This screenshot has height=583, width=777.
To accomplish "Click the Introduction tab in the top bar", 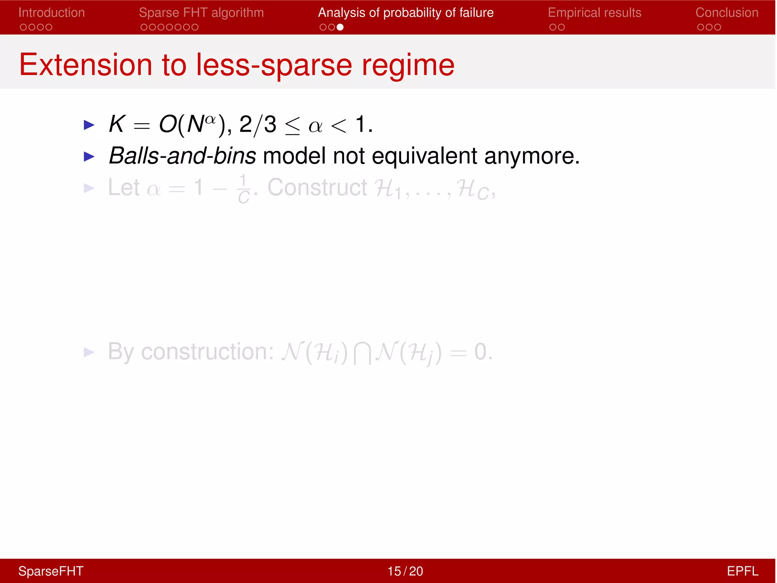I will tap(52, 13).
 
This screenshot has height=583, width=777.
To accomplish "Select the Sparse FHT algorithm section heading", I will tap(201, 13).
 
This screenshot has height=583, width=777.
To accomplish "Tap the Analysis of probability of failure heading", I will tap(406, 13).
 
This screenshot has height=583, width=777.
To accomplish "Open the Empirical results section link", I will tap(594, 13).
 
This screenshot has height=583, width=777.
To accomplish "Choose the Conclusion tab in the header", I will tap(727, 13).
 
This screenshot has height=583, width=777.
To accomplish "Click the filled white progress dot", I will tap(340, 27).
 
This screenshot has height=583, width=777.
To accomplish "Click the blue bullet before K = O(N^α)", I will tap(89, 125).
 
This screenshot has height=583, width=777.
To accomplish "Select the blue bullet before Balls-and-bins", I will tap(89, 156).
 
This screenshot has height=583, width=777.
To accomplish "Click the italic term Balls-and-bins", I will tap(182, 156).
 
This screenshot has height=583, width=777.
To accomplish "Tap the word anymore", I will tap(531, 156).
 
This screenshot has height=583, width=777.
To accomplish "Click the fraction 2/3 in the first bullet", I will tap(258, 124).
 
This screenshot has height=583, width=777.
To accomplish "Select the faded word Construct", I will tap(317, 188).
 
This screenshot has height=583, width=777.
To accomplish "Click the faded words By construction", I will tap(190, 352).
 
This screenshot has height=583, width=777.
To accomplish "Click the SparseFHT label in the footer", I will tap(51, 571).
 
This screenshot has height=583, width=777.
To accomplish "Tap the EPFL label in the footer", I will tap(742, 571).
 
